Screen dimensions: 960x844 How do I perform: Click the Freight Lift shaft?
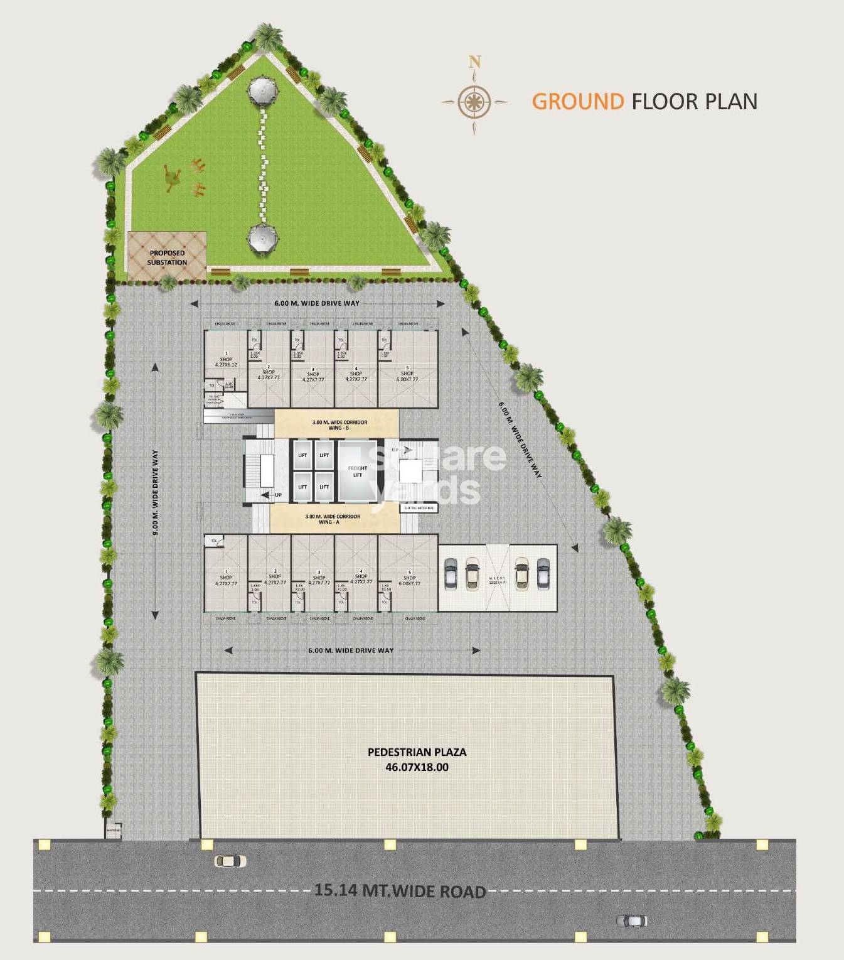coord(357,471)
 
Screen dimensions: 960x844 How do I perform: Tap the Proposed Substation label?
coord(167,257)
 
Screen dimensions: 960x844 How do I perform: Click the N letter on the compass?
coord(475,62)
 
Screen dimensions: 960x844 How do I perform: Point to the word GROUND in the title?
coord(578,102)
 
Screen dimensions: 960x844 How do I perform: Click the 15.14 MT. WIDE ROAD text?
coord(400,891)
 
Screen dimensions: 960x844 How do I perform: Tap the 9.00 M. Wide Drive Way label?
coord(155,493)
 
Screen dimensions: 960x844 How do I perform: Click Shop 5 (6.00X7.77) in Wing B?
coord(408,375)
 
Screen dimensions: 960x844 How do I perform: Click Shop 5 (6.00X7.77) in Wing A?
coord(410,580)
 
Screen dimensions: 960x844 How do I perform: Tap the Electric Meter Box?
coord(419,508)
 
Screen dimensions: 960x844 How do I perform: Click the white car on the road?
coord(230,861)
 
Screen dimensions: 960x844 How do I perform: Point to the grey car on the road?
coord(631,921)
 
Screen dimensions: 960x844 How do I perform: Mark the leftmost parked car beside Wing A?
coord(449,574)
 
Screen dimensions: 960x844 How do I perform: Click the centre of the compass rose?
coord(474,101)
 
